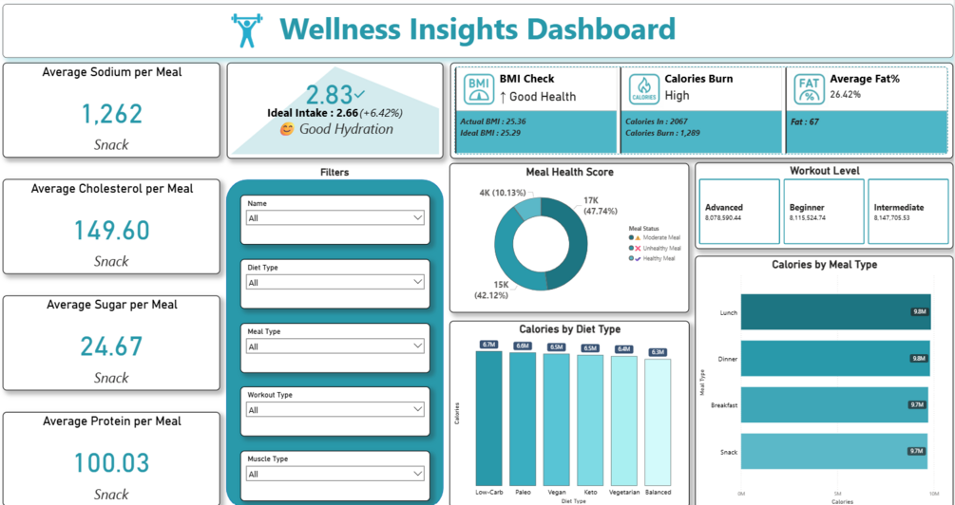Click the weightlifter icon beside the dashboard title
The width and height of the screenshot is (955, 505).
coord(246,30)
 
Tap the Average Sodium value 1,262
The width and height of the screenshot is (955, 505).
coord(112,114)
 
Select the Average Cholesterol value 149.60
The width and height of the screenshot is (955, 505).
coord(112,231)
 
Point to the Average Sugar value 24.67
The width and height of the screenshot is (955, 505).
coord(111,346)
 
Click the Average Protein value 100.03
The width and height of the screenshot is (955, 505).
coord(112,463)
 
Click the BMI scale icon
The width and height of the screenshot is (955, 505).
coord(479,89)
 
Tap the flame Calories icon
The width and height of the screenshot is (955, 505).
coord(643,89)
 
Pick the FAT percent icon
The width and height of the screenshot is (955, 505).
coord(809,89)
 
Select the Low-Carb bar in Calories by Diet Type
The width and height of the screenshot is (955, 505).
coord(488,418)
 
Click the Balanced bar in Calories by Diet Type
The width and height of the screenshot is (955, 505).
coord(657,422)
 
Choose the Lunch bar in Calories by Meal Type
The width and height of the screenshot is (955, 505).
coord(834,311)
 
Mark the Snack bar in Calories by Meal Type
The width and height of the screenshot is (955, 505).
coord(832,451)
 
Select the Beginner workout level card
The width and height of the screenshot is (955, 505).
coord(825,212)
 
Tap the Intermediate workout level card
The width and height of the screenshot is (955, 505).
coord(907,212)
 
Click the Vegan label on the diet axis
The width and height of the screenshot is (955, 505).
coord(556,493)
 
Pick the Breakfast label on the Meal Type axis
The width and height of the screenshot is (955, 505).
coord(723,405)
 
